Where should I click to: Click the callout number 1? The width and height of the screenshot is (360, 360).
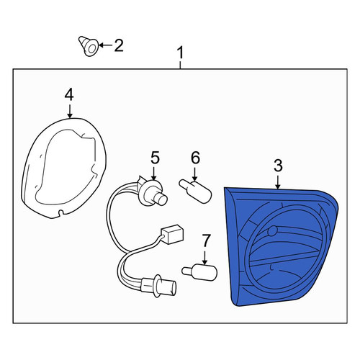click(180, 53)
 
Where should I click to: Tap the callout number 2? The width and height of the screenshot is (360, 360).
click(119, 45)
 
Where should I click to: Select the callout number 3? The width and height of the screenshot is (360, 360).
click(278, 166)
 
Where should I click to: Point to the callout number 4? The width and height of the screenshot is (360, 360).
click(69, 94)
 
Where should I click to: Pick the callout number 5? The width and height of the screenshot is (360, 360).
click(155, 158)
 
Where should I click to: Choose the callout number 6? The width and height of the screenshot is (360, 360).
click(195, 158)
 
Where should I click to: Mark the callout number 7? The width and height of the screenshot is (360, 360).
click(206, 240)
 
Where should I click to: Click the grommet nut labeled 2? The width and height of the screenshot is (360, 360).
click(89, 46)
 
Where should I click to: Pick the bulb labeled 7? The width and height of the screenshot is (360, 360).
click(199, 272)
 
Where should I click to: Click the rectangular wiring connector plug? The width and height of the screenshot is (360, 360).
click(172, 234)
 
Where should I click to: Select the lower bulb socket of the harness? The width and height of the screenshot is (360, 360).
click(159, 286)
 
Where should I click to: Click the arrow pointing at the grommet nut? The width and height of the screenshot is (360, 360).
click(105, 45)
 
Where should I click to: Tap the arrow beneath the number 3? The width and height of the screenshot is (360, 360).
click(278, 182)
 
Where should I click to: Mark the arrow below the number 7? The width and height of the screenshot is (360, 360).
click(204, 258)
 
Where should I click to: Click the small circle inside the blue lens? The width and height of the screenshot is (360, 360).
click(272, 231)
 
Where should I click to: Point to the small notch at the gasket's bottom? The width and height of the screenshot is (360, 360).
click(60, 212)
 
